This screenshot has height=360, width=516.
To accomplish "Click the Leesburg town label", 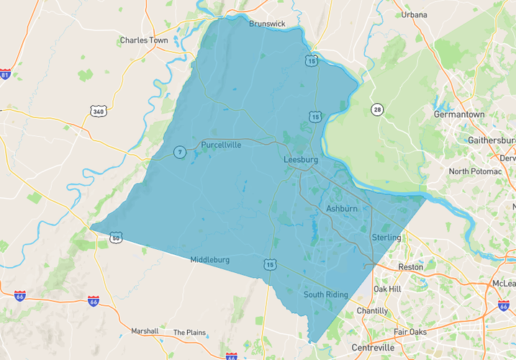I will pos(301,159).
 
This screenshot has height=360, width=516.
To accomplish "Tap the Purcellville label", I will pos(221,145).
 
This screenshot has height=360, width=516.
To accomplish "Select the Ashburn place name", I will pos(342,208).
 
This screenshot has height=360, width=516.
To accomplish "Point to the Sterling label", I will pos(386,238).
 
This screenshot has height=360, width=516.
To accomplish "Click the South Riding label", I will pos(325,294).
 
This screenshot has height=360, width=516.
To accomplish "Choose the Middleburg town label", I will pos(209,260).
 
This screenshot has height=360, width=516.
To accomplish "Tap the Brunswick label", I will pos(267,24).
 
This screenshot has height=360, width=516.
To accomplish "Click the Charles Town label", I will pos(144,40).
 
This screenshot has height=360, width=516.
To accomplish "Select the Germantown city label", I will pos(459,114).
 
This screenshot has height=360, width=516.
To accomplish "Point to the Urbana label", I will pos(414,14).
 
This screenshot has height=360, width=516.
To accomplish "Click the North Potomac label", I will pos(474,171).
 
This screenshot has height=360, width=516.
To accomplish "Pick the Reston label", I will pos(411,267).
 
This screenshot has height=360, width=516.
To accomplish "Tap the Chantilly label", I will pos(372,311).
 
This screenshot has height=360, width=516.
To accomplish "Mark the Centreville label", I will pos(373,348).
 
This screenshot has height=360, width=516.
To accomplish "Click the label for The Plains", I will pos(189,333).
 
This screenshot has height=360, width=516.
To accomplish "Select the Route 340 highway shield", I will pos(99,111).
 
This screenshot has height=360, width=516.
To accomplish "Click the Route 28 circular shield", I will pos(377,109).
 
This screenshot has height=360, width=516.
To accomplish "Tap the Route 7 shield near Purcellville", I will pos(179,151).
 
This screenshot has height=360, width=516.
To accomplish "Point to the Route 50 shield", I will pos(116,238).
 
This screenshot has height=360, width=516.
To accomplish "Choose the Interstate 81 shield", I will pos(6,75).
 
